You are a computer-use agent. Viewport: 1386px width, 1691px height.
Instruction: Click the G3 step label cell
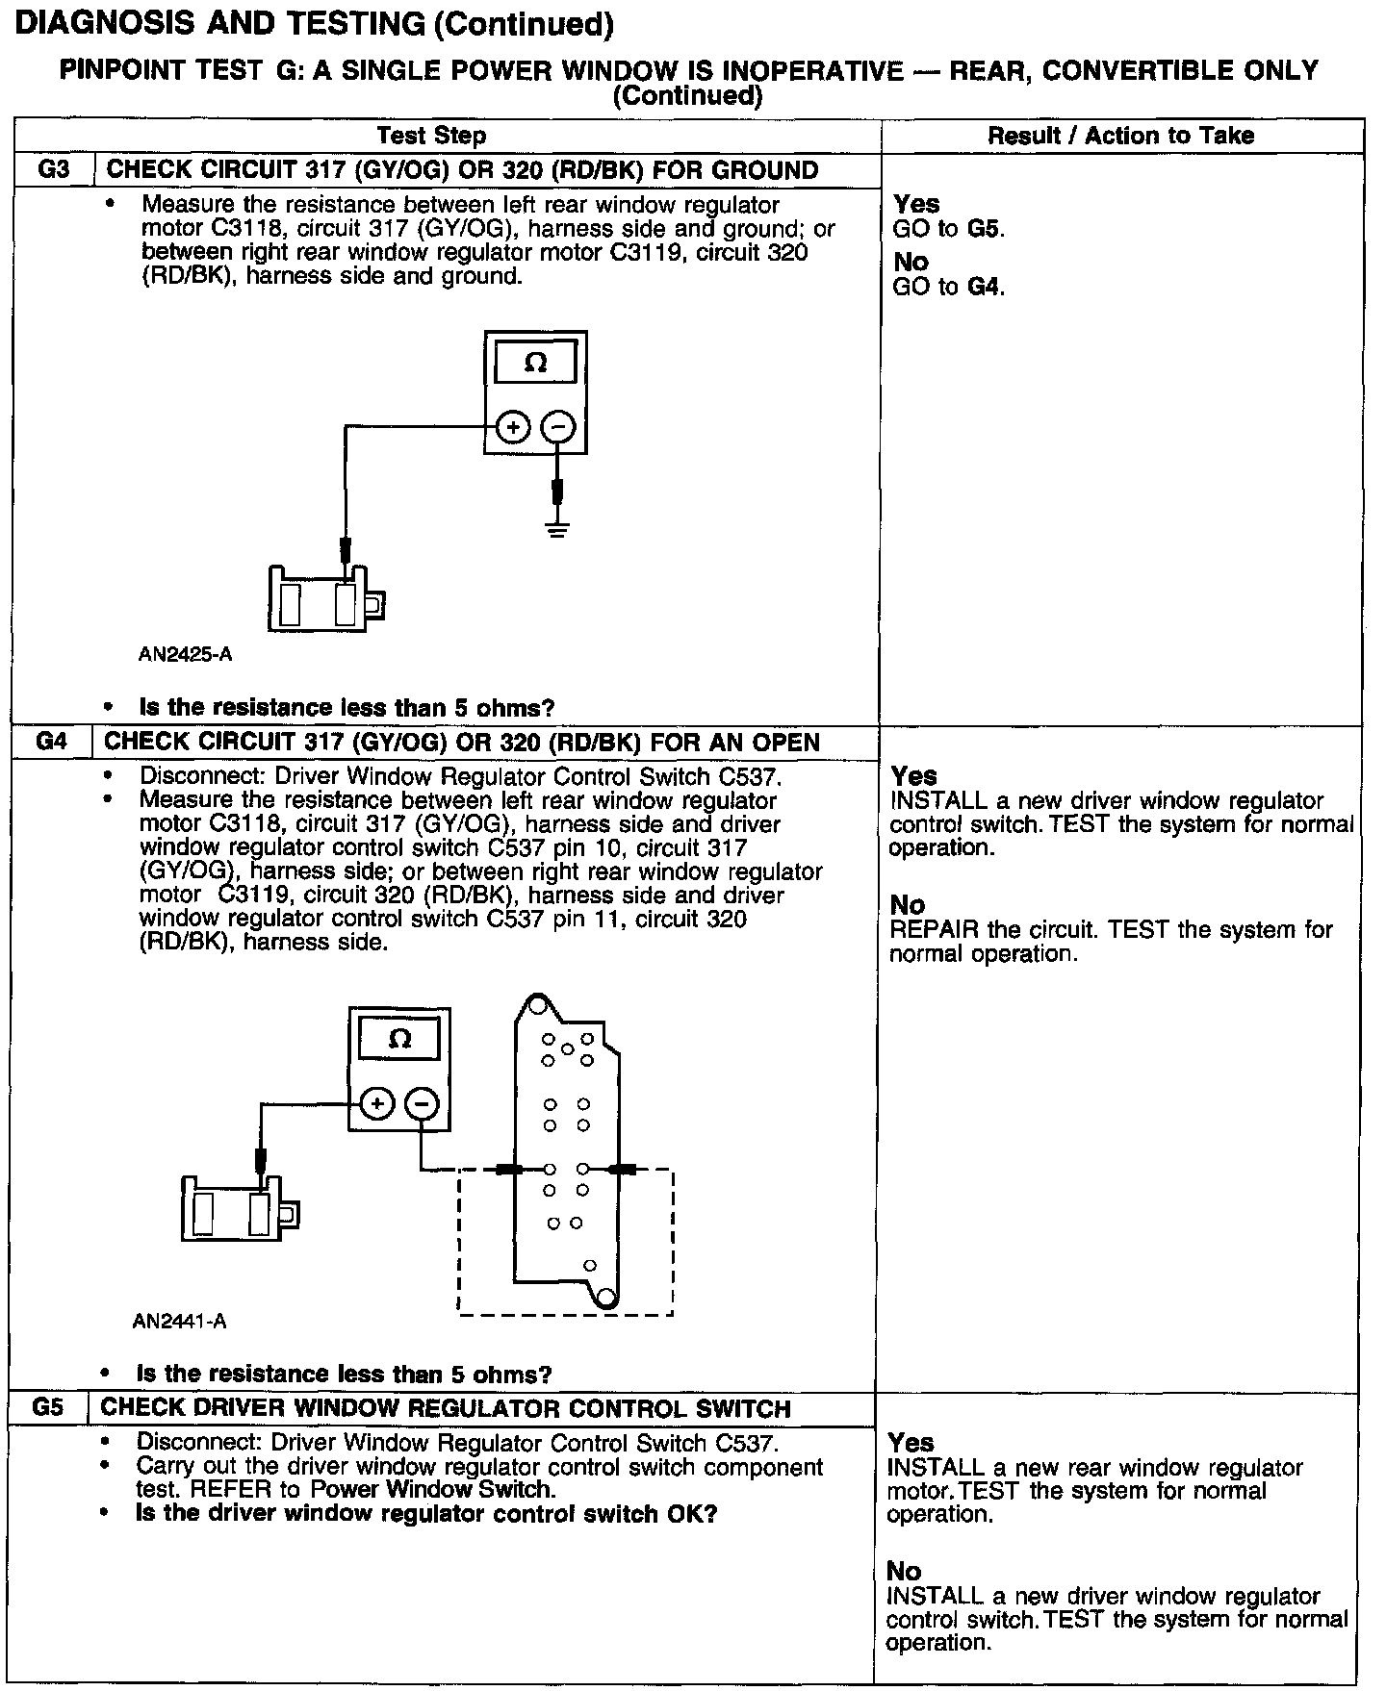53,170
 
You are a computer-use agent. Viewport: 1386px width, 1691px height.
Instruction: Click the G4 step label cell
53,742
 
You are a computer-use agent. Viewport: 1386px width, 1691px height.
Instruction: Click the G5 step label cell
48,1407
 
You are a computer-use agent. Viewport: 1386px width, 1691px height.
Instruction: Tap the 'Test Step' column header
431,136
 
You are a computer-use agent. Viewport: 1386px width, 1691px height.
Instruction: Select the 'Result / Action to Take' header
1120,136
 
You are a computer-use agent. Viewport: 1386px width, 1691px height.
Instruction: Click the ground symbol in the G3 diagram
556,527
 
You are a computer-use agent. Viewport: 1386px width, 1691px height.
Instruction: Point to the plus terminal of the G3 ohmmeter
514,427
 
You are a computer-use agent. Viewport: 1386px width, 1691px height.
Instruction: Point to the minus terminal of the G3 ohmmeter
559,427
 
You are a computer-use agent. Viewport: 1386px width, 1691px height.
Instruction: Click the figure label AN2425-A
185,655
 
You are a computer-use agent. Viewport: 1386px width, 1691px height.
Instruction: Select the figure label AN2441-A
180,1321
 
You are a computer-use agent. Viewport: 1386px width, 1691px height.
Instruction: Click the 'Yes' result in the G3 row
916,204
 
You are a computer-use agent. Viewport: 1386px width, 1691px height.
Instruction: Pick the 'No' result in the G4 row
908,904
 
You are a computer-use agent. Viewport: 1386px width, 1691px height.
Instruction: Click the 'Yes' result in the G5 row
911,1442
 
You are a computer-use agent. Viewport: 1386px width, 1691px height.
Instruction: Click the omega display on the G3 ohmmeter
536,363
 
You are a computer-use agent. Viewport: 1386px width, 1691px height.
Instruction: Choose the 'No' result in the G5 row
905,1571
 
